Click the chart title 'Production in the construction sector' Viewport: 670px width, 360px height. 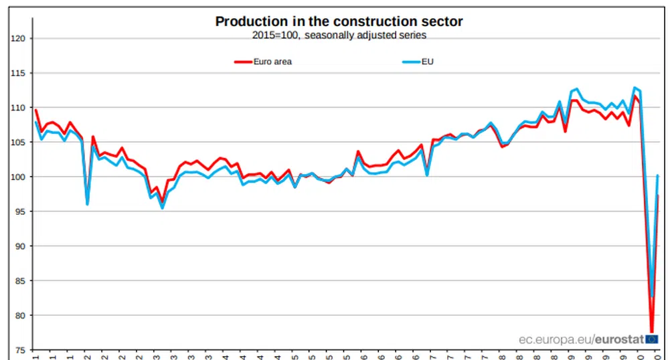click(339, 21)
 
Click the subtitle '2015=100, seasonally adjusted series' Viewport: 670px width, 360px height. click(339, 35)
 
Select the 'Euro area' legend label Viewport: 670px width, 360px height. click(272, 62)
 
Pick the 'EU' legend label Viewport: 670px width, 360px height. click(428, 62)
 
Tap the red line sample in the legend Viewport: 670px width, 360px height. click(242, 62)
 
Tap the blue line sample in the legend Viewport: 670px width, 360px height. click(410, 62)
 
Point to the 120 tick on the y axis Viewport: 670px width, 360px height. click(17, 39)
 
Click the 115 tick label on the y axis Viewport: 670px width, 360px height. click(17, 73)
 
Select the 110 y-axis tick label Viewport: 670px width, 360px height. click(17, 108)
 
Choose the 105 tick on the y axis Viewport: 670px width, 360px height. click(17, 143)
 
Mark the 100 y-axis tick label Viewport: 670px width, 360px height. click(17, 177)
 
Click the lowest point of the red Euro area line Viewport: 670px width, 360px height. click(651, 331)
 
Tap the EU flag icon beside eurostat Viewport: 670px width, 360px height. click(651, 339)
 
